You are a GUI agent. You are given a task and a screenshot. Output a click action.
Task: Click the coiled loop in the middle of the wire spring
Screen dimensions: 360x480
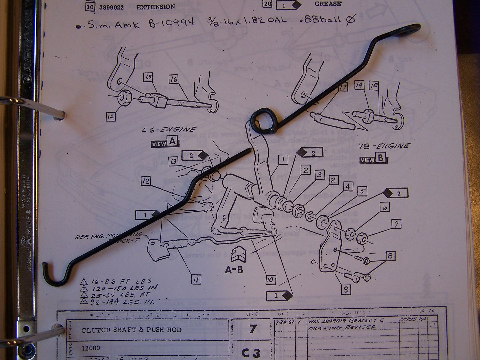pos(263,119)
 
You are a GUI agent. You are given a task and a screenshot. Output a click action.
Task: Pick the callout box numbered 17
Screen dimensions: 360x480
pos(343,88)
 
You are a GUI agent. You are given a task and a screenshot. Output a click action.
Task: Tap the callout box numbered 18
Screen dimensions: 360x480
pos(374,85)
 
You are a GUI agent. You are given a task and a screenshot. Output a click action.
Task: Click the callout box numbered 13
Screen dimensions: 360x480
pos(173,161)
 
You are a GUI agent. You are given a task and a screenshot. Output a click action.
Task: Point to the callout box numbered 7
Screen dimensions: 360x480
pos(396,224)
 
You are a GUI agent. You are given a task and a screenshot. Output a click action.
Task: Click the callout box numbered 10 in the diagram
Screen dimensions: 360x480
pos(271,280)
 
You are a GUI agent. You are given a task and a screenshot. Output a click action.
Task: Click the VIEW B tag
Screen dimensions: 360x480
pos(373,159)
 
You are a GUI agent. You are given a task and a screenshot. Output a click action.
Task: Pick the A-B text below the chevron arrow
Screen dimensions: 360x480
pos(233,269)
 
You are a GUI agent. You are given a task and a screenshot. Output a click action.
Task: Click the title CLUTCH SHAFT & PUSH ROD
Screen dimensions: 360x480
pos(131,330)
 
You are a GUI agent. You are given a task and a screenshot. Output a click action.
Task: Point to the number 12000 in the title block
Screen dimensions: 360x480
pos(91,348)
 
